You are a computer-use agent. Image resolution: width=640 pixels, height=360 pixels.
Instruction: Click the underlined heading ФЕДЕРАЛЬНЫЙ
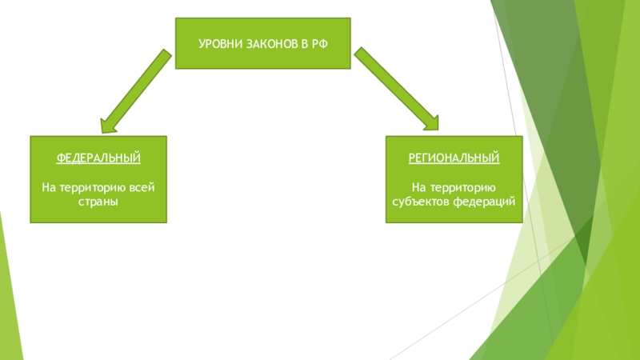pos(99,158)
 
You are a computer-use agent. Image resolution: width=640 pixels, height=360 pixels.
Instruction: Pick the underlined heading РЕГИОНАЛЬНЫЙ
pos(454,158)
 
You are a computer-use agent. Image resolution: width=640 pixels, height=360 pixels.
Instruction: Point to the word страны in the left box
pos(99,201)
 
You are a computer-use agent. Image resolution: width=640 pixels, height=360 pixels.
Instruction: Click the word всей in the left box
pos(141,187)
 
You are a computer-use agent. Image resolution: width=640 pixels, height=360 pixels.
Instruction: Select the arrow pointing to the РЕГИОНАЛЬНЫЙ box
pos(395,88)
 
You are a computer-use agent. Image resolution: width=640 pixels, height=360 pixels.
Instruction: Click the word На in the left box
pos(48,187)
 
